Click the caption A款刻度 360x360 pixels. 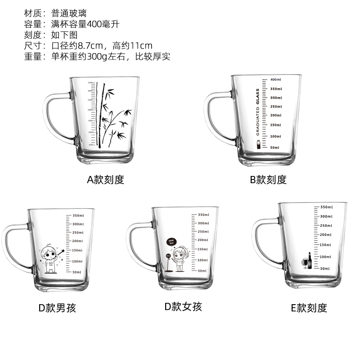click(x=105, y=180)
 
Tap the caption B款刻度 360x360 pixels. click(x=268, y=180)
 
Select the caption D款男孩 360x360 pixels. click(x=57, y=308)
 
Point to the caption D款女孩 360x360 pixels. click(x=183, y=307)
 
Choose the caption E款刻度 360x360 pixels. click(x=309, y=308)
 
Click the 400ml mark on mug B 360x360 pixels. click(x=276, y=79)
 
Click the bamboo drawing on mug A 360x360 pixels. click(x=110, y=115)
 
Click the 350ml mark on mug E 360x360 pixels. click(x=326, y=207)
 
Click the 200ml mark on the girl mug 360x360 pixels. click(x=203, y=240)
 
